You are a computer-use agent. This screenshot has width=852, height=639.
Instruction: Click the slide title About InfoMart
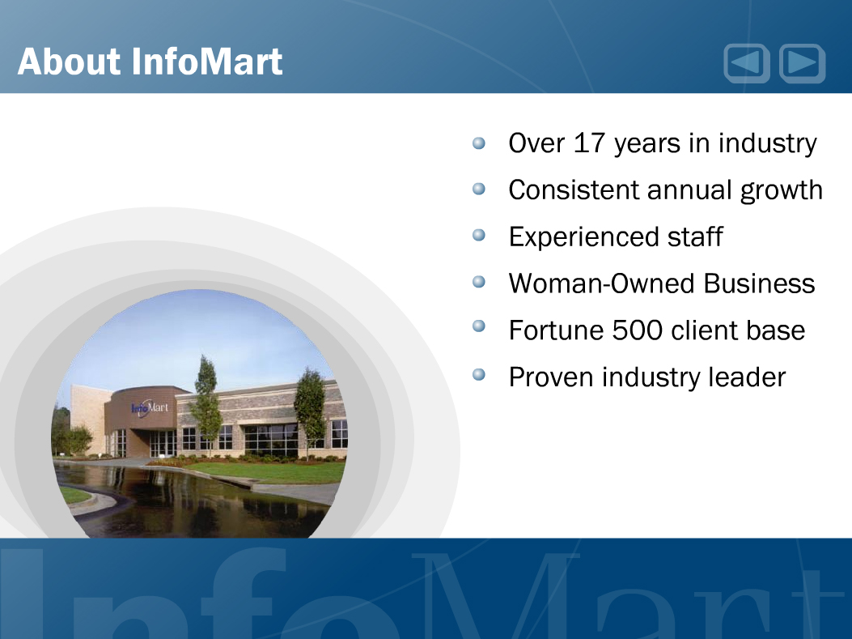150,61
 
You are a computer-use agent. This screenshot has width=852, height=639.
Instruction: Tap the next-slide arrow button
802,63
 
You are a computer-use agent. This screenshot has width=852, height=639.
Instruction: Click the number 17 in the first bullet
589,143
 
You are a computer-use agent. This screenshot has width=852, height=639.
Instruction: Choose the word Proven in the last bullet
550,377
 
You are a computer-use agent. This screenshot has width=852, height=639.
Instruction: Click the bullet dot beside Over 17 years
479,143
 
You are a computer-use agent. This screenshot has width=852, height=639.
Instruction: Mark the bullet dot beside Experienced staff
479,235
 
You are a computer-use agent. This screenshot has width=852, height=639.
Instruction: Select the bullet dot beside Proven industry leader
479,375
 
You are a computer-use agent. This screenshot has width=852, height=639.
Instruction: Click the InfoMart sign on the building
150,407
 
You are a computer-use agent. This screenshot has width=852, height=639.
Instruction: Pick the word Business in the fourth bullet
759,283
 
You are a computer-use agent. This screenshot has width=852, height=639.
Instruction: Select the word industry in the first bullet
767,144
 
